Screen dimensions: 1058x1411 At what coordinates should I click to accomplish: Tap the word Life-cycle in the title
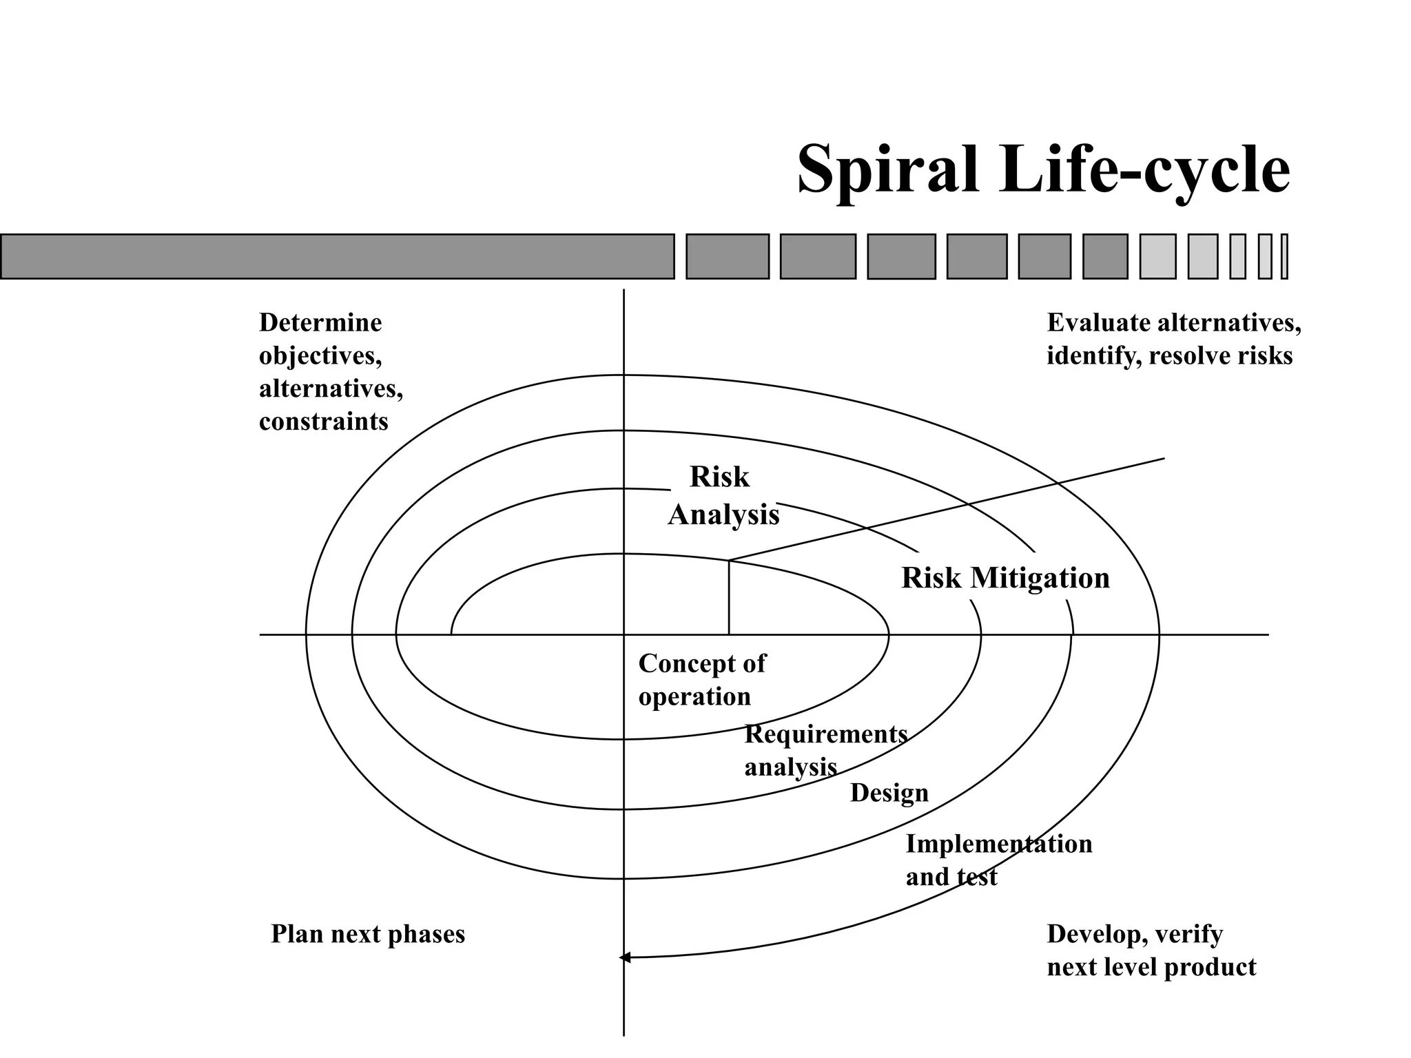[1144, 170]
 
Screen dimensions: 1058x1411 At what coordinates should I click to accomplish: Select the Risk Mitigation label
[1005, 578]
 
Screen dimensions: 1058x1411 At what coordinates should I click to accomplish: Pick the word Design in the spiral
[889, 793]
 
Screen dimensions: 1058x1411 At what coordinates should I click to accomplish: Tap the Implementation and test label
[998, 860]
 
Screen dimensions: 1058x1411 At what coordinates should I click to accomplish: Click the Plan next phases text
[368, 934]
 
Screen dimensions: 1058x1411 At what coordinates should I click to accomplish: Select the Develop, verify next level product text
[1150, 951]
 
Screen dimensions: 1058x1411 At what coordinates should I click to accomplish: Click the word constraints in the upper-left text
[323, 422]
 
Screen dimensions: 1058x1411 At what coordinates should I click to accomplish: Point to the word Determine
[320, 322]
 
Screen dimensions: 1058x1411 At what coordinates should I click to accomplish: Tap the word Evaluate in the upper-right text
[1098, 322]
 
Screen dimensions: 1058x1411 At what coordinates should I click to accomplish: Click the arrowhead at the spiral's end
[624, 957]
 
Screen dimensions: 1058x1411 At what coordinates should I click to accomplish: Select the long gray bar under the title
[337, 256]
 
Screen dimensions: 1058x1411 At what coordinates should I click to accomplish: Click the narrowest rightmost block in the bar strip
[1284, 256]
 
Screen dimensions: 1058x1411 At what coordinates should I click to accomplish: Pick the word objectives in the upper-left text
[320, 355]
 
